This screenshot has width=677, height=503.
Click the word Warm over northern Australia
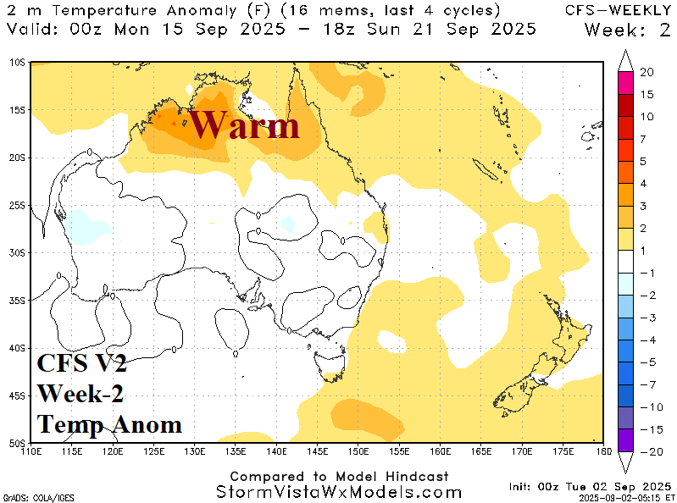243,125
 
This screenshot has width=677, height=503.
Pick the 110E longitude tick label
32,450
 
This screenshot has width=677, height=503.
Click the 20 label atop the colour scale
646,73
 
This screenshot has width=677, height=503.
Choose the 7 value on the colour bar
643,138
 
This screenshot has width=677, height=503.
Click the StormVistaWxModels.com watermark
339,492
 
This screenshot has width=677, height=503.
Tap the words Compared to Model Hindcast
339,477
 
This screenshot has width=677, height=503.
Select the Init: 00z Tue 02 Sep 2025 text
587,487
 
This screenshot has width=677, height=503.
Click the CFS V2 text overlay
81,364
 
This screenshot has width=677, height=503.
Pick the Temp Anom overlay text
109,423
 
